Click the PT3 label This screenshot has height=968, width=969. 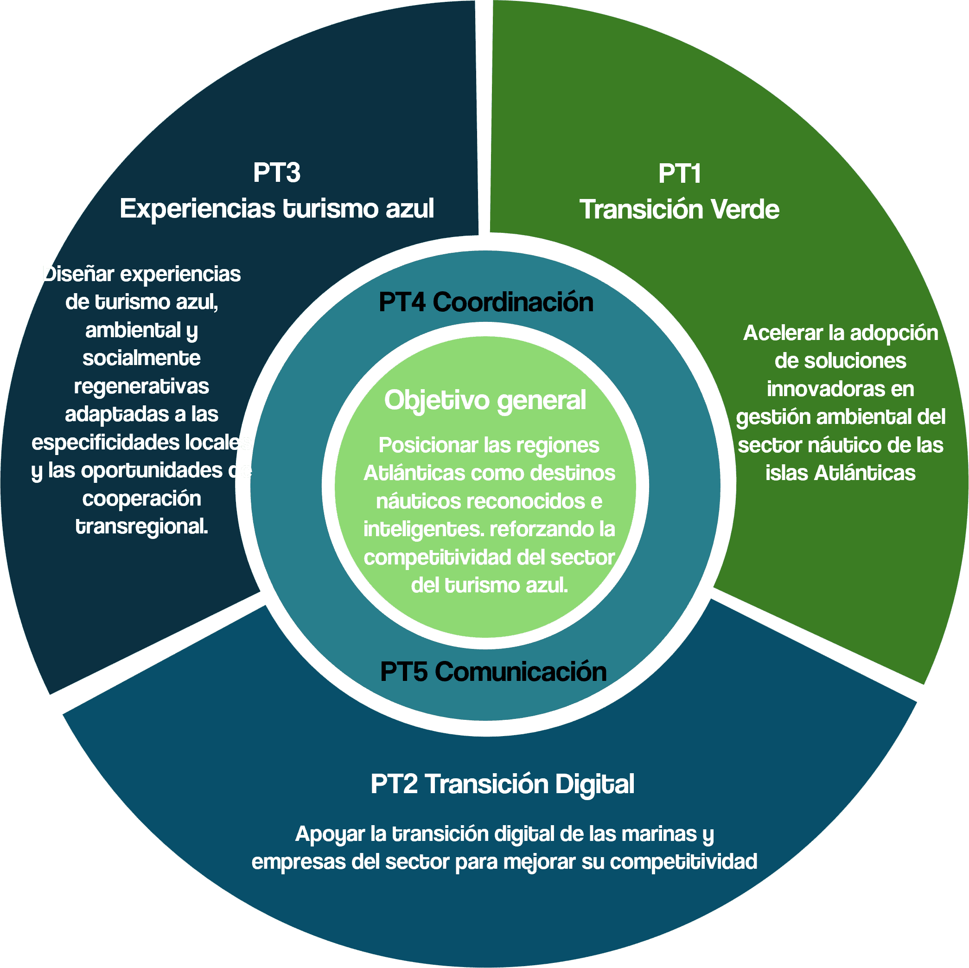point(276,173)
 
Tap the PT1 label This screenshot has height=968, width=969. point(679,173)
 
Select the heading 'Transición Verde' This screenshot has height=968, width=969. point(679,209)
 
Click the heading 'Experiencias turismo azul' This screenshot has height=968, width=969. point(276,208)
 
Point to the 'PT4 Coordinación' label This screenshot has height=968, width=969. point(485,302)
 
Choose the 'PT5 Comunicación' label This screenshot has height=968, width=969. point(493,672)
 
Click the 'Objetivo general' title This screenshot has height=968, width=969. point(485,400)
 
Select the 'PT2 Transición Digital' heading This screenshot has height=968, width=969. point(502,784)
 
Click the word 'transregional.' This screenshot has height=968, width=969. point(141,526)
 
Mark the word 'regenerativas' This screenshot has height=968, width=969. point(141,386)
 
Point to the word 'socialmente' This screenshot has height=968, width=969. point(141,358)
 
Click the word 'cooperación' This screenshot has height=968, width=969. point(141,498)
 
